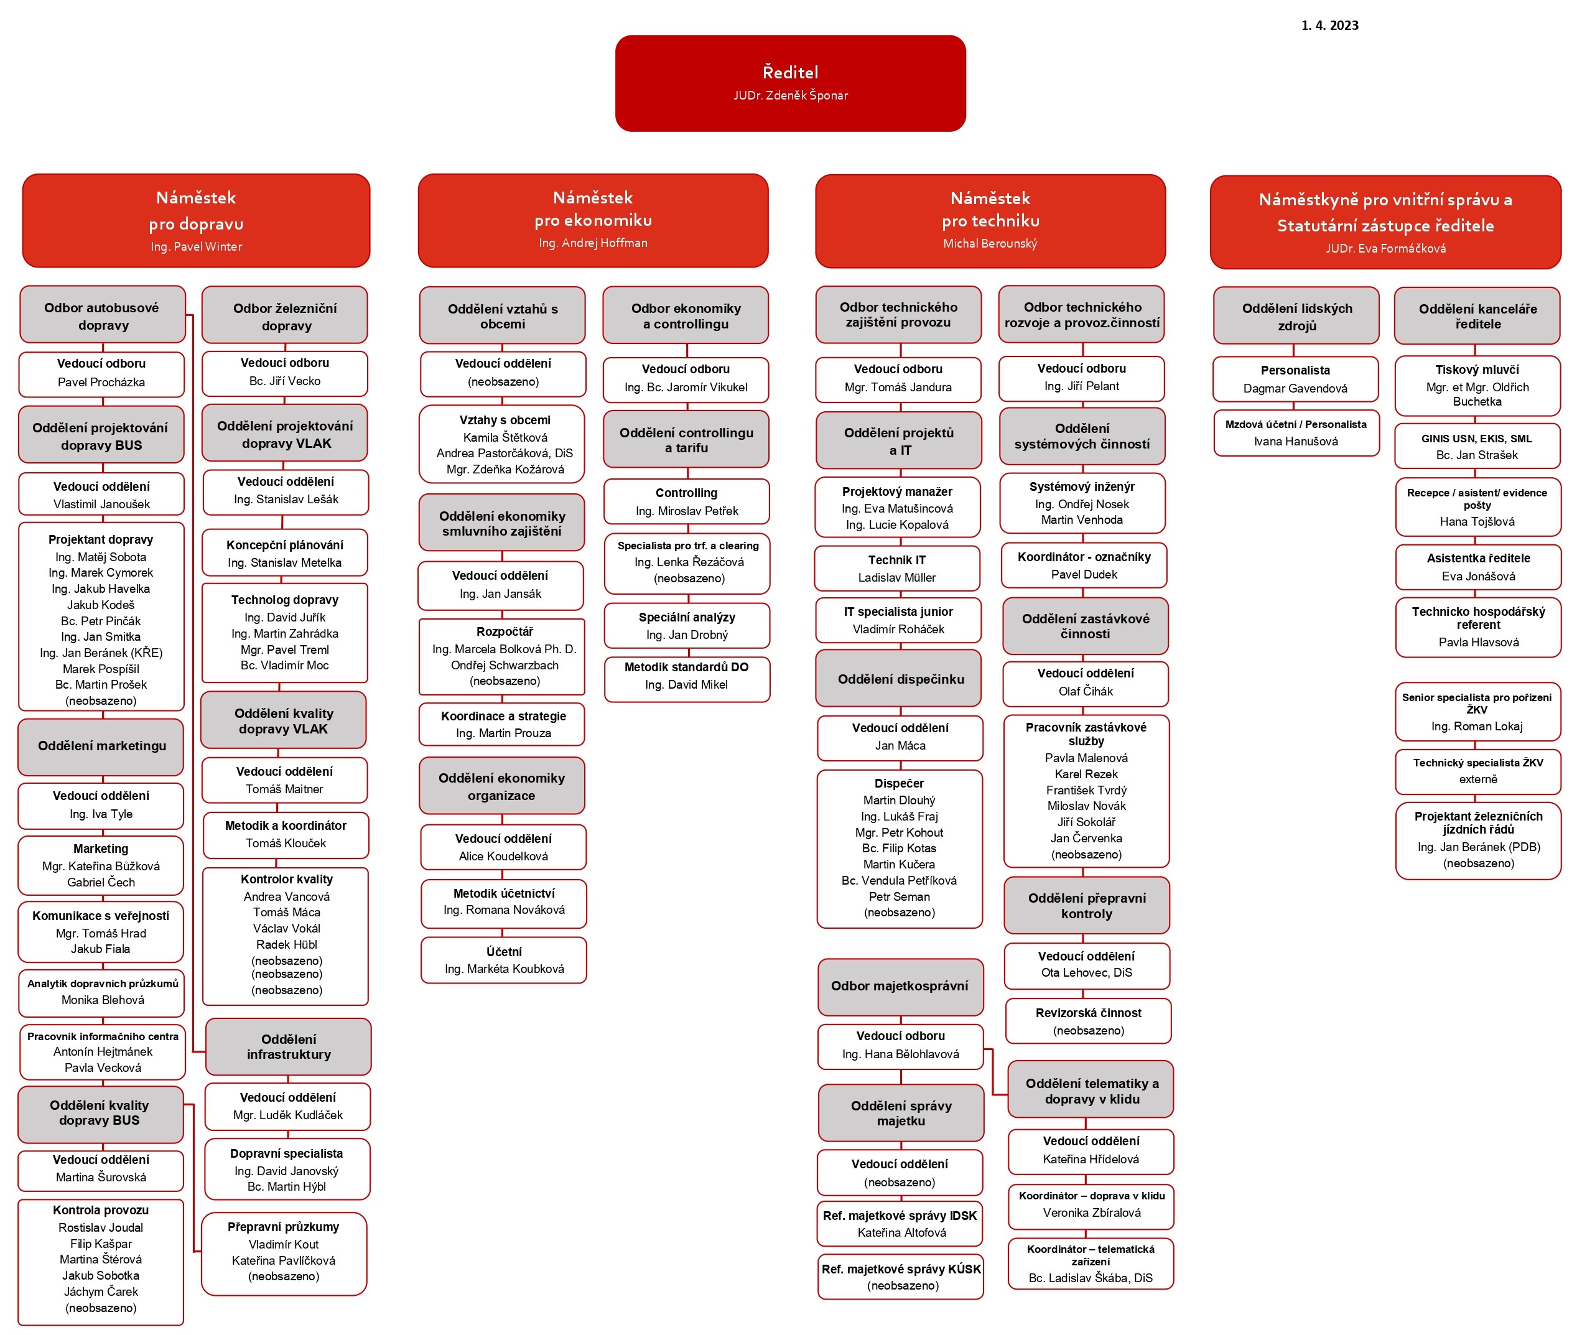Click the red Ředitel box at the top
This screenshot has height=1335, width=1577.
point(790,83)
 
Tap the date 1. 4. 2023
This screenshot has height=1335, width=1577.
point(1329,26)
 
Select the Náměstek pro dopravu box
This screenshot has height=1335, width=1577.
point(196,221)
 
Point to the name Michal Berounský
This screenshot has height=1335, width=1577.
point(990,244)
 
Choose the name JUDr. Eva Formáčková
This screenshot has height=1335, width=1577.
point(1385,248)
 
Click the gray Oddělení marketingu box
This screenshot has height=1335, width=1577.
point(101,747)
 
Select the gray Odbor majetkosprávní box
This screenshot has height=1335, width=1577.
point(900,987)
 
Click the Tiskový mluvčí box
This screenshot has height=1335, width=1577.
point(1477,385)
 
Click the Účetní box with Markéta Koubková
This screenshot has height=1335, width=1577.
point(504,961)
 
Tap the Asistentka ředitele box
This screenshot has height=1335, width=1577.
point(1478,567)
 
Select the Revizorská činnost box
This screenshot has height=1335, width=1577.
point(1088,1021)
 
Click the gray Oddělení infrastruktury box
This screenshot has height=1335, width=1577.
point(288,1046)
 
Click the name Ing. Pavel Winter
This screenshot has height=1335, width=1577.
point(196,247)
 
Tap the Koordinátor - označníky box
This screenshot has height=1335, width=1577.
point(1084,565)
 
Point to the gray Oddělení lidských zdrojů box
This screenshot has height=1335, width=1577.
point(1297,315)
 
